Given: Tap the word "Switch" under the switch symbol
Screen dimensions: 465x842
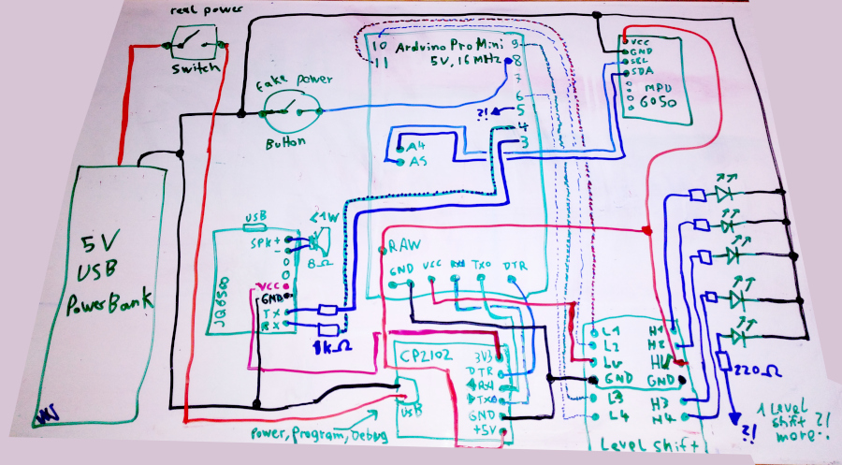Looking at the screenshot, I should [x=195, y=70].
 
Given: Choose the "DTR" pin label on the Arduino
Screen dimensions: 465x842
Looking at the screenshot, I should [x=515, y=265].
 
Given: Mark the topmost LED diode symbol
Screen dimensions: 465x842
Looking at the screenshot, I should [x=722, y=195].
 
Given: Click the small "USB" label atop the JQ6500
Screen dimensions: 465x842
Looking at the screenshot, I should [x=254, y=224].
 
